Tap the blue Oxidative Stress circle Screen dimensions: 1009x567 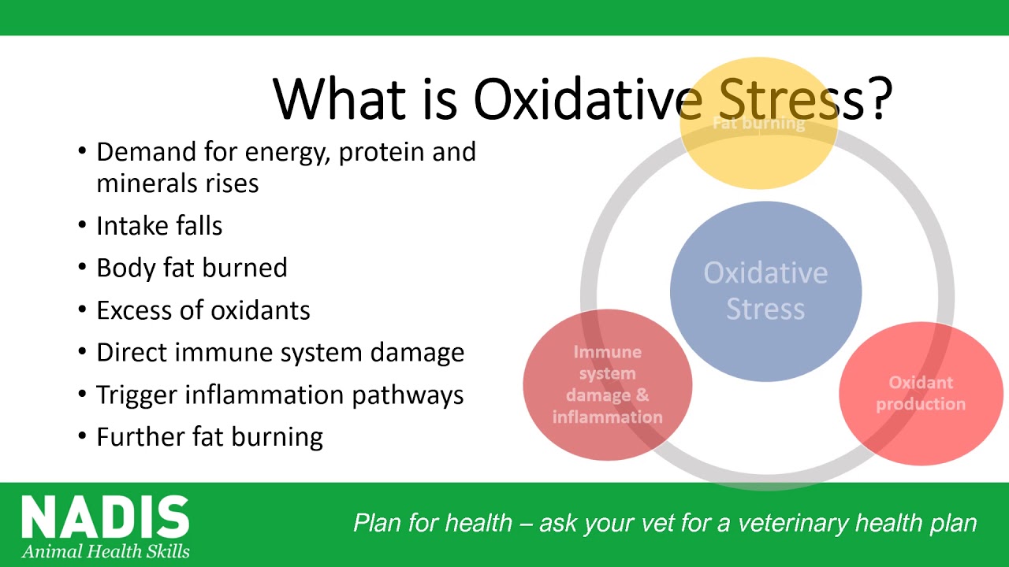pyautogui.click(x=765, y=291)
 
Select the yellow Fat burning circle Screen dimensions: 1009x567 pyautogui.click(x=759, y=123)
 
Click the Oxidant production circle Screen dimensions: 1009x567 pyautogui.click(x=922, y=393)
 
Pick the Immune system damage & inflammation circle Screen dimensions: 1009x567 pyautogui.click(x=608, y=385)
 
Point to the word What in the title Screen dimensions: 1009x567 pyautogui.click(x=339, y=99)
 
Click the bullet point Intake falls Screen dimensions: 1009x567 pyautogui.click(x=159, y=225)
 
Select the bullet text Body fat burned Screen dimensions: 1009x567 pyautogui.click(x=192, y=268)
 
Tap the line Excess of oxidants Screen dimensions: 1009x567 pyautogui.click(x=203, y=310)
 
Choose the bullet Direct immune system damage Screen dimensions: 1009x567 pyautogui.click(x=280, y=352)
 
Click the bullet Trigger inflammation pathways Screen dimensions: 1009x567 pyautogui.click(x=280, y=395)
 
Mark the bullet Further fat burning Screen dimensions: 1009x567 pyautogui.click(x=210, y=437)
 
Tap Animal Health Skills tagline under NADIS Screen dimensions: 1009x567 pyautogui.click(x=106, y=551)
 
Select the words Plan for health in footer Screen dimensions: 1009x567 pyautogui.click(x=433, y=523)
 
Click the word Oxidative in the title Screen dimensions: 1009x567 pyautogui.click(x=587, y=99)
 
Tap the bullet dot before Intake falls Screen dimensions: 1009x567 pyautogui.click(x=82, y=224)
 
